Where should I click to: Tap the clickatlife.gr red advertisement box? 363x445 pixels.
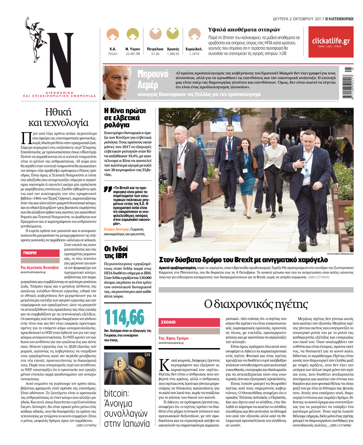tap(331, 42)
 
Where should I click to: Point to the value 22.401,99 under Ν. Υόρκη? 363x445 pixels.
tap(132, 54)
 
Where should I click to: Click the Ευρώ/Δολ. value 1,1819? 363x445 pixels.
tap(194, 54)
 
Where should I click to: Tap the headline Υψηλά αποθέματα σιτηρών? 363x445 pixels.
tap(244, 30)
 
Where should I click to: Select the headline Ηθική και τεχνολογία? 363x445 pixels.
tap(58, 117)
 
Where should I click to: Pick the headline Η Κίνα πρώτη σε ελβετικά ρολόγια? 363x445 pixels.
tap(125, 118)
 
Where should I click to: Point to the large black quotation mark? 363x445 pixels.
tap(107, 189)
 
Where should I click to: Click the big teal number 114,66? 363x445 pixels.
tap(124, 317)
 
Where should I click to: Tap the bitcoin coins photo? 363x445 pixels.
tap(127, 368)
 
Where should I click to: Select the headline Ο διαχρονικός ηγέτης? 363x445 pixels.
tap(256, 304)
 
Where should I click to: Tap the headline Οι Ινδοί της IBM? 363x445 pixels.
tap(116, 252)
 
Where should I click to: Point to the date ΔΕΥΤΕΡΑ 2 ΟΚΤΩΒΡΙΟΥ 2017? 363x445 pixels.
tap(298, 19)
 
